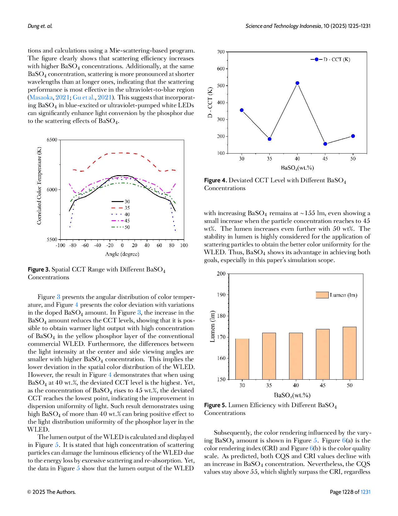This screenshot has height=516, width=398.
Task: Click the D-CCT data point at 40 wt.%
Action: pos(297,83)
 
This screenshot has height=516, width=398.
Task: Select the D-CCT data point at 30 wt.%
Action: pos(242,110)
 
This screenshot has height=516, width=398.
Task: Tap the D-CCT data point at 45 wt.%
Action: pos(325,144)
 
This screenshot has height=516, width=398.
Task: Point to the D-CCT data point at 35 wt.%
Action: pos(269,139)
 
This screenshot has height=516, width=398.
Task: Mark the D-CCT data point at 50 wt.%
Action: pos(353,136)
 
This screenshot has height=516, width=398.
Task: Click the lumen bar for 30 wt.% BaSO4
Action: pos(242,359)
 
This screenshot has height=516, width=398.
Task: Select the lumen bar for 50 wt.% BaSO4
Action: pos(350,353)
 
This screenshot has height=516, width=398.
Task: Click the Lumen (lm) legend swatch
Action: pos(322,295)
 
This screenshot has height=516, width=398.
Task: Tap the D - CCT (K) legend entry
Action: pos(330,59)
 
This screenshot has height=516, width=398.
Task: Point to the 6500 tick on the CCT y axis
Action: pos(52,140)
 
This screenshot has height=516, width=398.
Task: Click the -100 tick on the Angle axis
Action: pos(60,245)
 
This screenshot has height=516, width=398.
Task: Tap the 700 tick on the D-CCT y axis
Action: pos(221,52)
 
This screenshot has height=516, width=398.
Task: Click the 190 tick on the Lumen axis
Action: pos(221,295)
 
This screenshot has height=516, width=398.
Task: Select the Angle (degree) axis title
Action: pos(122,254)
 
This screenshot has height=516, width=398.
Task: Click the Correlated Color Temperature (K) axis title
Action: pos(39,186)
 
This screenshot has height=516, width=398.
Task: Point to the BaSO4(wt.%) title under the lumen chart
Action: pos(292,395)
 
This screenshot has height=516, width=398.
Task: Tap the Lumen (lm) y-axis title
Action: pos(213,326)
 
